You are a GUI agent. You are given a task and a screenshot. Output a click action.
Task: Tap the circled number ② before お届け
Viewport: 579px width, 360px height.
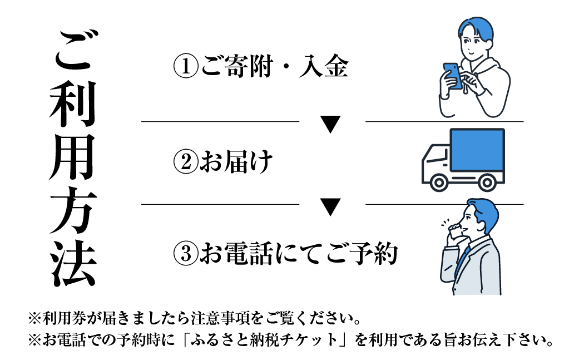coord(186,162)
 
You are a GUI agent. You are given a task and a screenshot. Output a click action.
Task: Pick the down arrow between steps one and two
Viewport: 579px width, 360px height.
coord(331,124)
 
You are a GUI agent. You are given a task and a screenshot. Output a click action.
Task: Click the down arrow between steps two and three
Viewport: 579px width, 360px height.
coord(331,207)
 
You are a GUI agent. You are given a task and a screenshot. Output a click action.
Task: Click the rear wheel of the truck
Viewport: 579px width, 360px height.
coord(487,183)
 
